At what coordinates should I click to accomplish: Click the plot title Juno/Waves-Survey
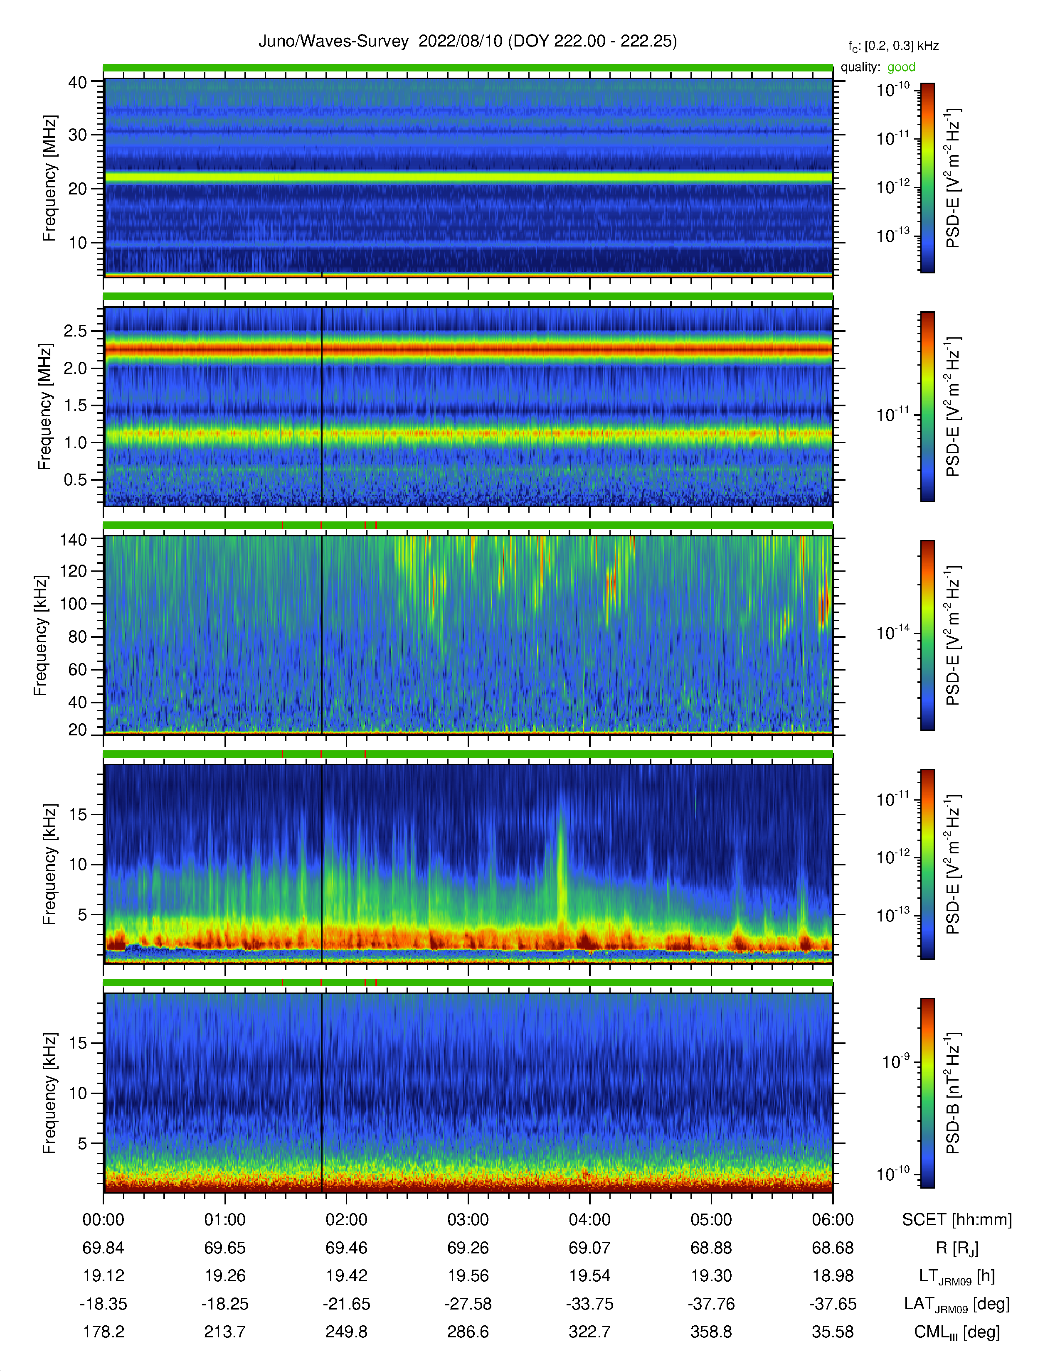333,42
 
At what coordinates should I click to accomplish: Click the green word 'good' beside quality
901,67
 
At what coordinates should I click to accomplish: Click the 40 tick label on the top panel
78,82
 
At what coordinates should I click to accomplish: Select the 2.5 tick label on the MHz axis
75,331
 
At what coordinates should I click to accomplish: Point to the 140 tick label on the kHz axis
73,539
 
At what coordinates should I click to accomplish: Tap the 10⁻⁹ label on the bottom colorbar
895,1061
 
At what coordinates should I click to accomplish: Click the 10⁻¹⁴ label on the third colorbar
892,631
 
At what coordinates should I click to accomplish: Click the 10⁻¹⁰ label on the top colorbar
892,90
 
